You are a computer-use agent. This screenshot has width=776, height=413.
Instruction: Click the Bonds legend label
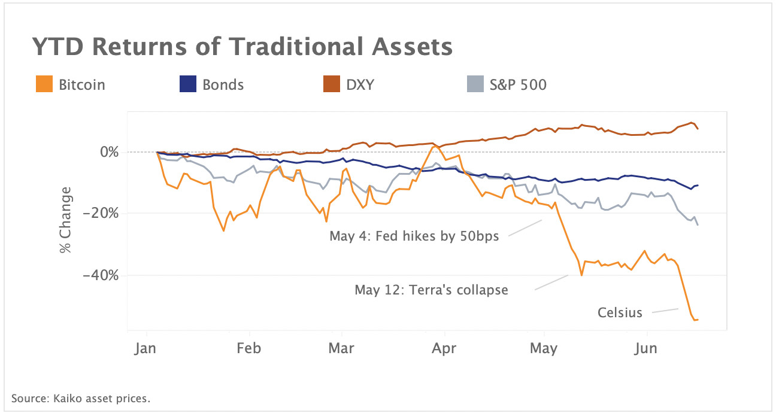point(223,84)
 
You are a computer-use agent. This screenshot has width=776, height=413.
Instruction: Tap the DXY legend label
point(360,84)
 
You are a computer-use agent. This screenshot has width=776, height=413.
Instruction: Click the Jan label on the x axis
point(146,348)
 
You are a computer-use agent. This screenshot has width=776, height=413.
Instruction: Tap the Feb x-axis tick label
point(249,348)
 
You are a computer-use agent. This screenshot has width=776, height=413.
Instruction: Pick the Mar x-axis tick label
point(341,348)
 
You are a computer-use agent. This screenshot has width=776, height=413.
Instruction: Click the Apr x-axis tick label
point(444,348)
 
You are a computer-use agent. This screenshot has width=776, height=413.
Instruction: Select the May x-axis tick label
point(544,348)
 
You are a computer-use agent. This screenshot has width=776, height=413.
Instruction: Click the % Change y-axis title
point(66,220)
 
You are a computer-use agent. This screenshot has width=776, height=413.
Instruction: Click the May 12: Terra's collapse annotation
point(431,290)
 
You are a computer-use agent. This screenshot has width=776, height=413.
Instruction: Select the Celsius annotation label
point(620,312)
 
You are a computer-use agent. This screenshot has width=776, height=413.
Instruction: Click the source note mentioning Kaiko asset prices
point(81,398)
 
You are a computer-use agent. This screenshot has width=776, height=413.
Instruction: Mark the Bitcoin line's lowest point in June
point(695,320)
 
